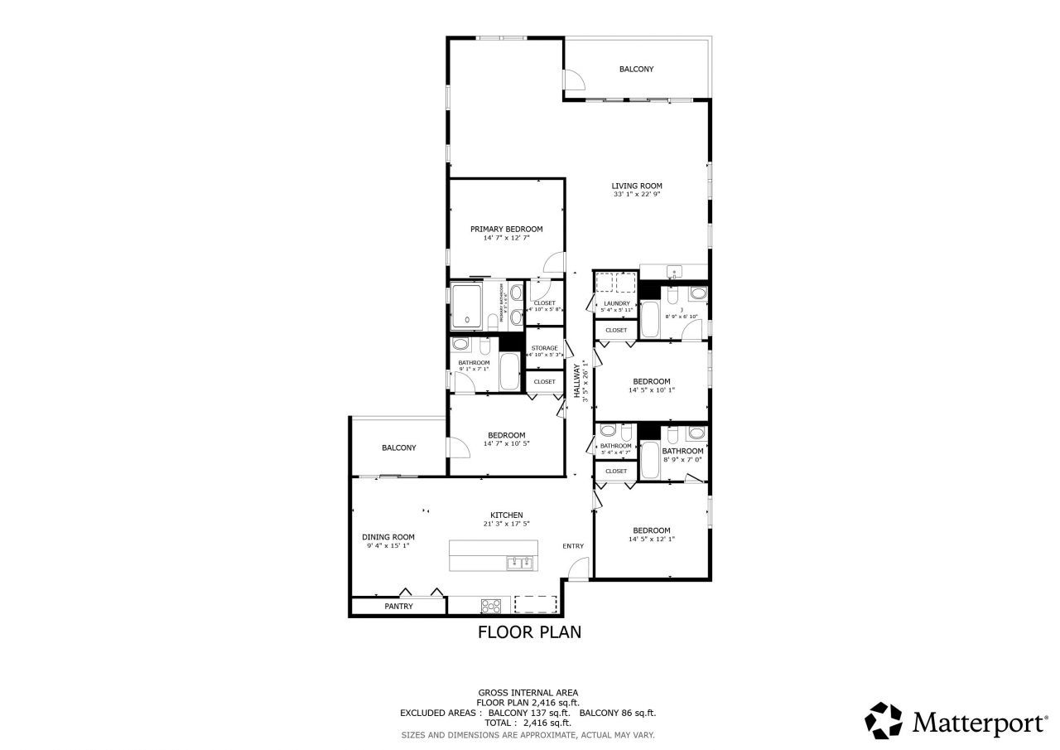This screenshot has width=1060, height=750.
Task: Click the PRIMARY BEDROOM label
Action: tap(506, 229)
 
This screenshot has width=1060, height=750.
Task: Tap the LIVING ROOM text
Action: tap(637, 186)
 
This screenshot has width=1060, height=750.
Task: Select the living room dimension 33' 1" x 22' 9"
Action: tap(637, 195)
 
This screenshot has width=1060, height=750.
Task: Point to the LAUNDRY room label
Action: tap(617, 303)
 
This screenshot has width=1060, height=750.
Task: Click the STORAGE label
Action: tap(544, 348)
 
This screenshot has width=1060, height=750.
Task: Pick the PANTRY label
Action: tap(398, 606)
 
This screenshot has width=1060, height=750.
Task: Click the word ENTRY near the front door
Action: tap(573, 545)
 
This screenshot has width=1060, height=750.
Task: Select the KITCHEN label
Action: tap(506, 515)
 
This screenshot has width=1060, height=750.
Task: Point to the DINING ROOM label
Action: tap(388, 536)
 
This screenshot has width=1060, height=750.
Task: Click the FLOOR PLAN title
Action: tap(529, 632)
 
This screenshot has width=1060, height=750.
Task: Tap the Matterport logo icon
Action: tap(884, 721)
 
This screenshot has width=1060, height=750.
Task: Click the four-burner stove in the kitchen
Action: tap(490, 606)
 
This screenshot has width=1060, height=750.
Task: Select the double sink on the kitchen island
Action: tap(519, 563)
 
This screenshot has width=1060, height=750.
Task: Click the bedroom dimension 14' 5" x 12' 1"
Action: tap(652, 540)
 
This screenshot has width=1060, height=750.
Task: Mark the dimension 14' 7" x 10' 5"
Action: tap(506, 443)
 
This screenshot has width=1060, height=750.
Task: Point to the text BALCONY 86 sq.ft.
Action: tap(618, 713)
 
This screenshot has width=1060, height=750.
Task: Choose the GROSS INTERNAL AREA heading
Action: tap(528, 692)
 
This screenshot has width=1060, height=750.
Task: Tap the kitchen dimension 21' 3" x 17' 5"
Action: tap(506, 524)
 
